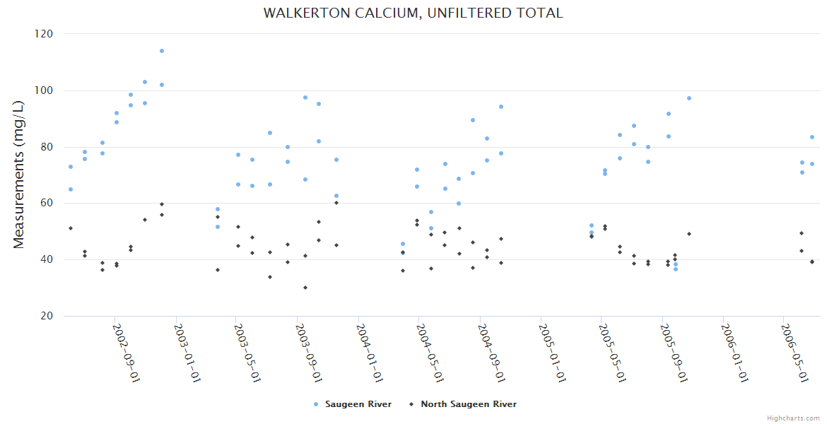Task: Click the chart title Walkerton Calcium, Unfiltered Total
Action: (413, 13)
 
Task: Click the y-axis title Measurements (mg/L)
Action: (19, 175)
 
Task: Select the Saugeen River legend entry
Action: (352, 404)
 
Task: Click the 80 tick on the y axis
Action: (46, 147)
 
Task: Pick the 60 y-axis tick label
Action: (46, 203)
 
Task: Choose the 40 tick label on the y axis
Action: (46, 259)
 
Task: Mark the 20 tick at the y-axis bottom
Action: (46, 316)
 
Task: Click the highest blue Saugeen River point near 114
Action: (162, 51)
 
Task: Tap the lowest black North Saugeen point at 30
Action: (305, 288)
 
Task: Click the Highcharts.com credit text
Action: (793, 418)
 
